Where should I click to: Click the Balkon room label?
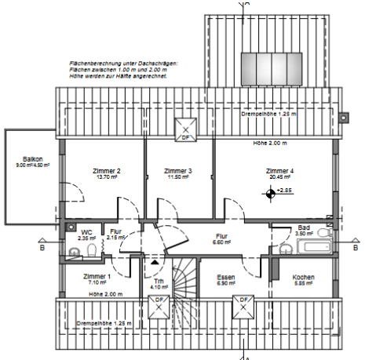tap(33, 159)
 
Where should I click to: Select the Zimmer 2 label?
tap(108, 171)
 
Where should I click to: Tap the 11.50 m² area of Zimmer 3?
tap(178, 177)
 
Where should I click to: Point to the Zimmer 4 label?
tap(279, 171)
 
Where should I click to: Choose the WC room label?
tap(86, 232)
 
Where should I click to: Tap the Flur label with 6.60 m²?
tap(222, 236)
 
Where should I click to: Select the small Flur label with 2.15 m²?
tap(115, 232)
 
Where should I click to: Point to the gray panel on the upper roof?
tap(271, 64)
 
